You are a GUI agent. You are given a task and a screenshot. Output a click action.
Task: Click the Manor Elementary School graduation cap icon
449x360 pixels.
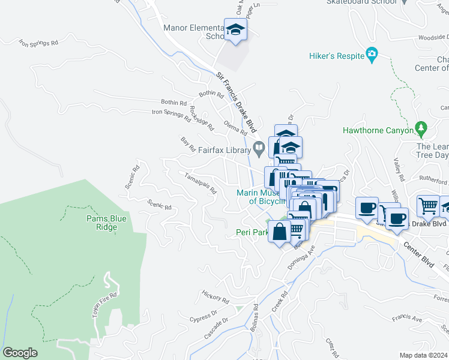(236, 30)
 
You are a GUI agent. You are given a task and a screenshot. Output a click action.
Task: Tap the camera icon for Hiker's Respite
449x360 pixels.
(372, 56)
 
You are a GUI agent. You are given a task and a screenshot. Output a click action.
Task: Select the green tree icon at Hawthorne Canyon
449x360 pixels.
(421, 128)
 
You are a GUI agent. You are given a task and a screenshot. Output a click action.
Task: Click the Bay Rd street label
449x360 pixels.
(188, 143)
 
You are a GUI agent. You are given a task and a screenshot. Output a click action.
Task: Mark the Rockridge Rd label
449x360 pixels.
(201, 118)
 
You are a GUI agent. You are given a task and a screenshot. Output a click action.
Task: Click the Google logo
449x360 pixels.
(20, 353)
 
